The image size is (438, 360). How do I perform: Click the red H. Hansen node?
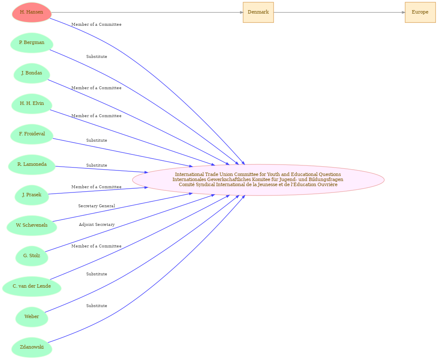coord(32,12)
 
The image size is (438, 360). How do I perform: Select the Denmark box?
coord(258,12)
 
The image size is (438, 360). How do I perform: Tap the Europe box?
coord(420,12)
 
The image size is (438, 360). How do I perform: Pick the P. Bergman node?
coord(32,43)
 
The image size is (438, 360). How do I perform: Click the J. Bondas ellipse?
coord(32,73)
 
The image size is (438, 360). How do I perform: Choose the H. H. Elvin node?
coord(32,104)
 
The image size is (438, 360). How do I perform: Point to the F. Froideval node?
coord(32,134)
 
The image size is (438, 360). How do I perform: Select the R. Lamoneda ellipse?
coord(32,165)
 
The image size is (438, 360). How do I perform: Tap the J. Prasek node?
coord(32,195)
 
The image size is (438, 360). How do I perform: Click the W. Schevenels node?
coord(32,225)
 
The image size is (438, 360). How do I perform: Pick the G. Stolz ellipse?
coord(32,256)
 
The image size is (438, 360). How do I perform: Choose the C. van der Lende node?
coord(32,286)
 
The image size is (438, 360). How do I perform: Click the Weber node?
coord(32,317)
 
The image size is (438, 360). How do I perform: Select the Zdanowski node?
coord(32,347)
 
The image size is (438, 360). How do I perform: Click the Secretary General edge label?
coord(97,206)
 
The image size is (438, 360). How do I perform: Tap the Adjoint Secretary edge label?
coord(97,225)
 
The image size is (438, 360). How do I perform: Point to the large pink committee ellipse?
coord(258,180)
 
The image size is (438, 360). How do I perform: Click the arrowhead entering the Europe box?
coord(403,12)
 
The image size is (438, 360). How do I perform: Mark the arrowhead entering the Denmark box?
coord(241,12)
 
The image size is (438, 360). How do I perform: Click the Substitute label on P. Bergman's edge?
coord(97,57)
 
